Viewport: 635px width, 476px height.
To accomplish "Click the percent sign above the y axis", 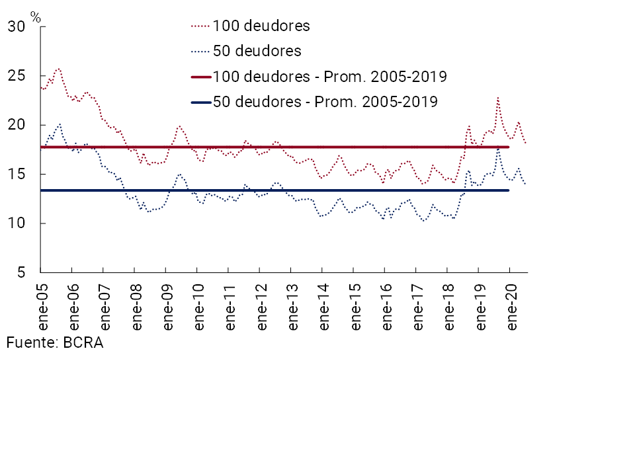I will click(x=36, y=18).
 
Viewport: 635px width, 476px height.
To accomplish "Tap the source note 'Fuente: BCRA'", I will click(x=55, y=343).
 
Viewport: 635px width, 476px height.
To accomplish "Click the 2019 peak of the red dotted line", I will click(x=497, y=98).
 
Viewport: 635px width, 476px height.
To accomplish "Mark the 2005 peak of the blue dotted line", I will click(x=60, y=124).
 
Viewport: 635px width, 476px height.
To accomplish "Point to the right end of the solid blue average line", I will click(x=508, y=190).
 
